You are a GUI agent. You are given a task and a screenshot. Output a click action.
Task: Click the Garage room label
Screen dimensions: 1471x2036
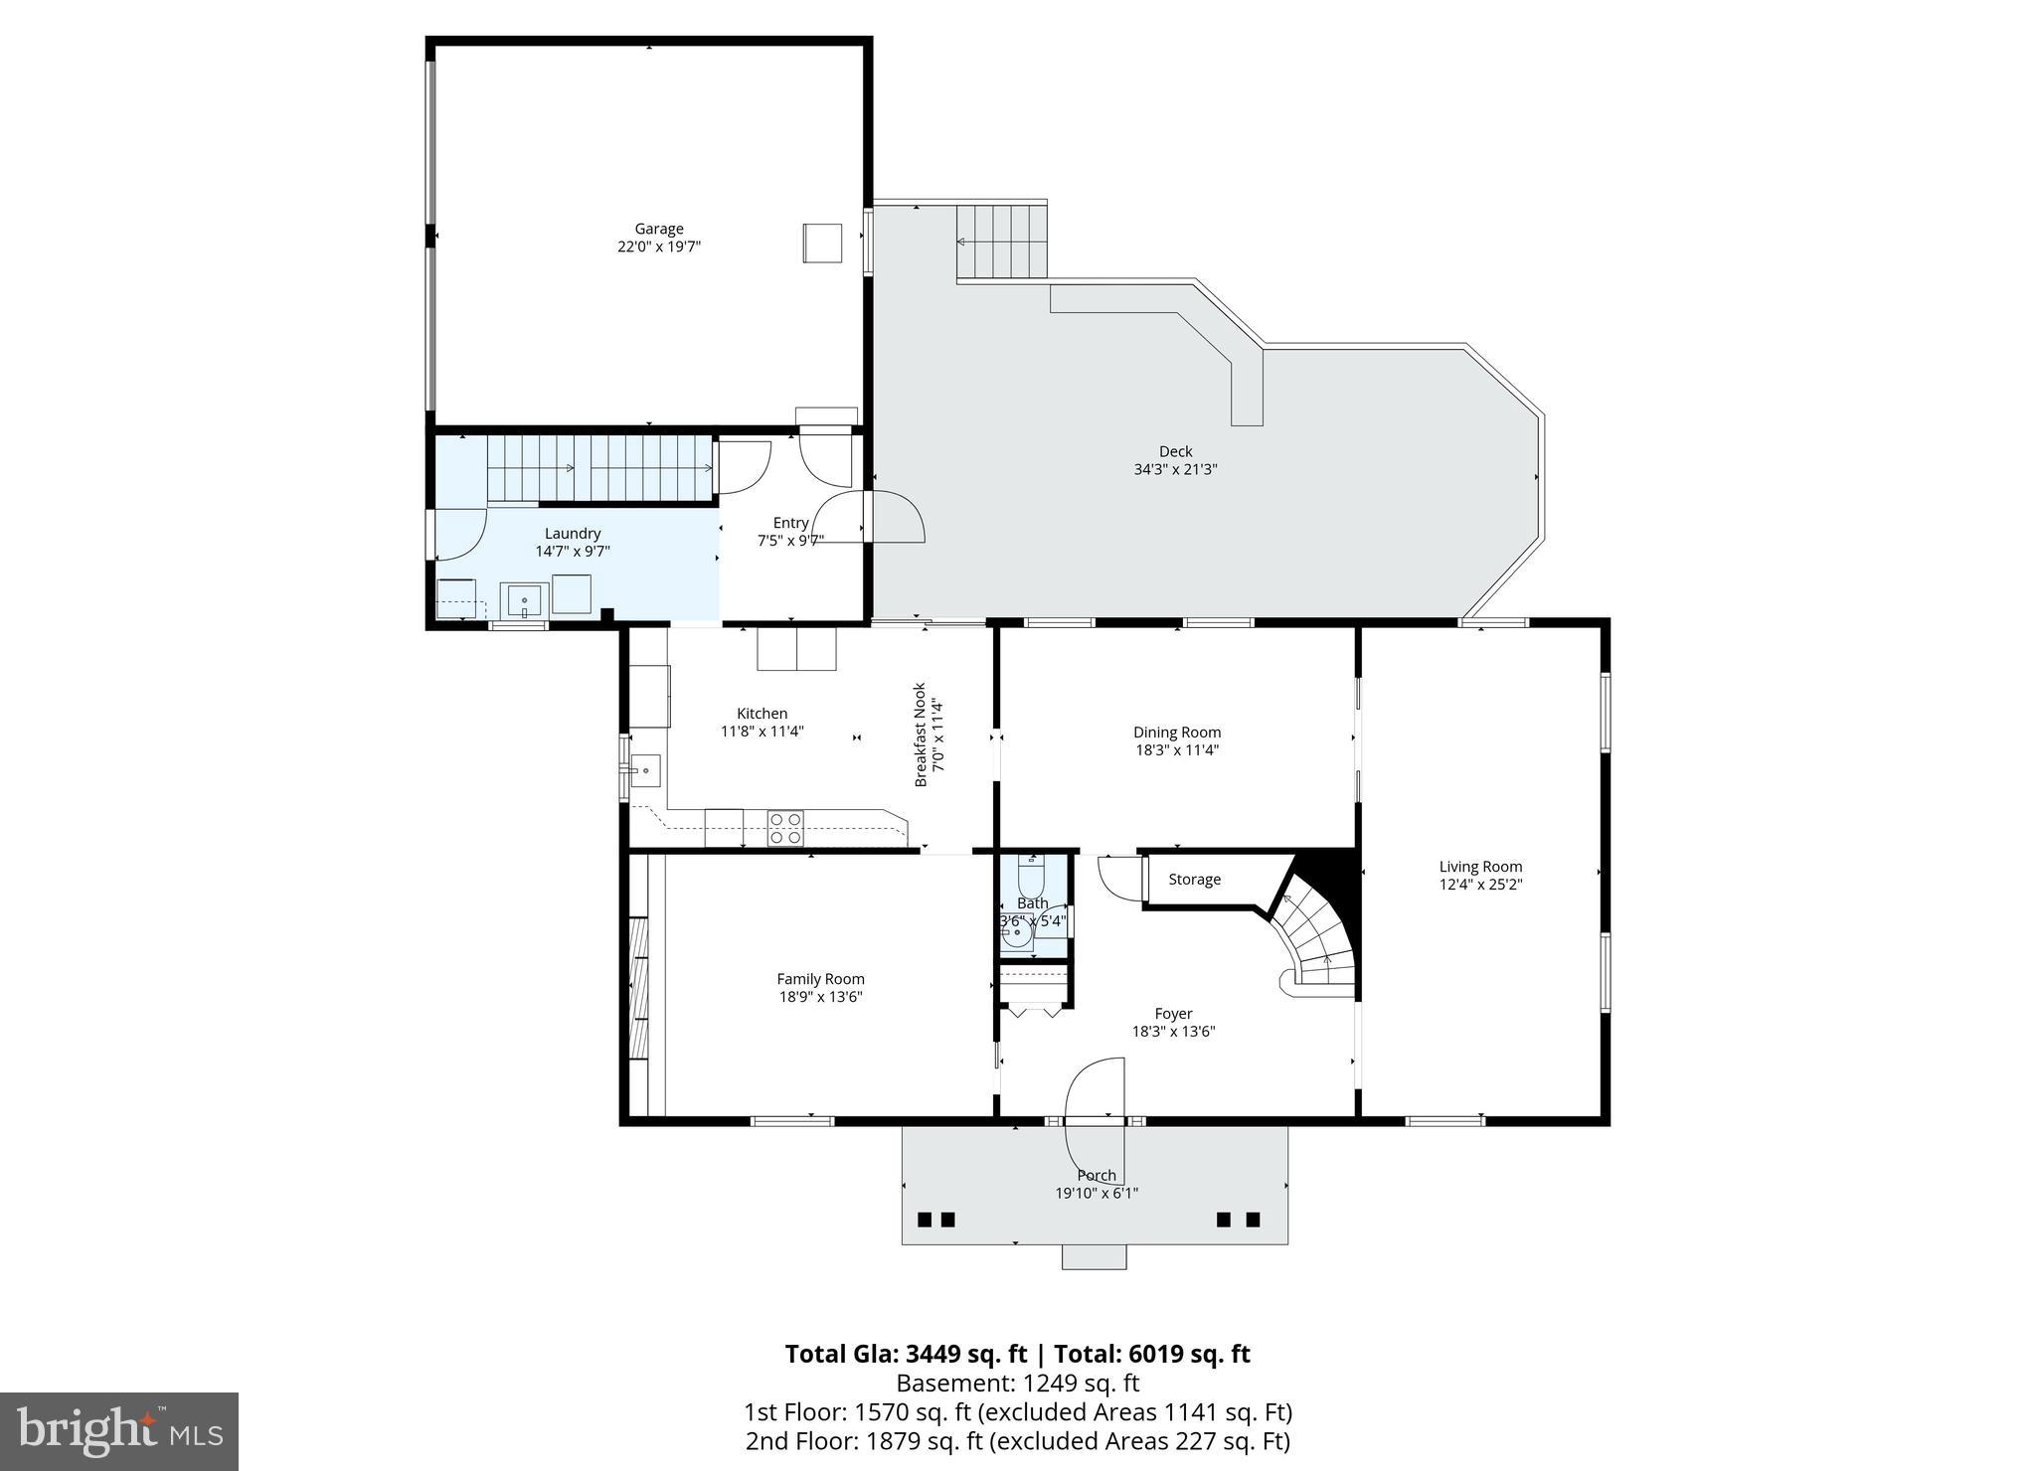click(659, 229)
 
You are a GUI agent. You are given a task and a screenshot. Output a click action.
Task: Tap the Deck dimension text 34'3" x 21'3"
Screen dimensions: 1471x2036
click(1175, 469)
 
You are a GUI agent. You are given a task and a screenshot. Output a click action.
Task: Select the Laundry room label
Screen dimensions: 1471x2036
click(573, 534)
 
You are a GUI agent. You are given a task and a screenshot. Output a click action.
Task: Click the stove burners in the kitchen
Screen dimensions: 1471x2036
click(785, 828)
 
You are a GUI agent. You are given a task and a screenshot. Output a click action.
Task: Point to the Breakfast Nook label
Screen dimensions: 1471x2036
click(920, 735)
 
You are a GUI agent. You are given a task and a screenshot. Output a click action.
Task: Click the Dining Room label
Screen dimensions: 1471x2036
click(1177, 733)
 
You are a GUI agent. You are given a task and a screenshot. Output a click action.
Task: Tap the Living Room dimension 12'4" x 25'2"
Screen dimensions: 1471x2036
click(1480, 884)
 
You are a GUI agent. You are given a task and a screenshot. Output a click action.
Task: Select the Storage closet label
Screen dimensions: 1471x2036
click(1194, 880)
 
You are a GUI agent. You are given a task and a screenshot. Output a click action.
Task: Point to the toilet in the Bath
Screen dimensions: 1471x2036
click(1031, 876)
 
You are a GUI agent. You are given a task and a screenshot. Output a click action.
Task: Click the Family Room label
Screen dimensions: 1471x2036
click(820, 979)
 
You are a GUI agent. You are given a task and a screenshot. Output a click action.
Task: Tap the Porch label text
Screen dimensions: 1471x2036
click(1097, 1175)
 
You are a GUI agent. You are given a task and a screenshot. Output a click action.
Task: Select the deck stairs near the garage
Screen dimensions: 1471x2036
click(1002, 242)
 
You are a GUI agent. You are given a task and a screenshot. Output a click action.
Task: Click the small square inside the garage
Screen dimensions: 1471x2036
click(822, 243)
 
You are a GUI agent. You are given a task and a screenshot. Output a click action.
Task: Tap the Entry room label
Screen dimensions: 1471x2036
click(790, 523)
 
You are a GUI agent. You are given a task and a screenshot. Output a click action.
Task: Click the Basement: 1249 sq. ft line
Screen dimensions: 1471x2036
click(1017, 1383)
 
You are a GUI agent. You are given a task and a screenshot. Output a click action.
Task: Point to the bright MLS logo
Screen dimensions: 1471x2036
click(119, 1431)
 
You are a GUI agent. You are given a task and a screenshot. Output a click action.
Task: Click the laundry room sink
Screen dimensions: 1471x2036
click(524, 601)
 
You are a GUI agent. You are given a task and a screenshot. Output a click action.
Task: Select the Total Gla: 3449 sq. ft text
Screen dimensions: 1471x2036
click(905, 1354)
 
